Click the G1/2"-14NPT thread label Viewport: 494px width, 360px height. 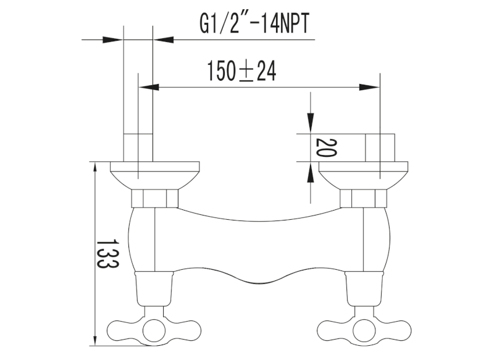(x=254, y=23)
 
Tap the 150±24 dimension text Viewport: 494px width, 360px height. (x=241, y=71)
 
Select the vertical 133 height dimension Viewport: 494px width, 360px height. (x=107, y=254)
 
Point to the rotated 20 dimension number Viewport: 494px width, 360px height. (x=327, y=148)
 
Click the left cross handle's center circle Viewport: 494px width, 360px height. (x=154, y=331)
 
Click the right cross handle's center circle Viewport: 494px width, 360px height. (x=364, y=331)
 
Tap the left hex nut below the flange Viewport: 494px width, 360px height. (x=154, y=198)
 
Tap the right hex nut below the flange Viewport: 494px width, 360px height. (x=363, y=198)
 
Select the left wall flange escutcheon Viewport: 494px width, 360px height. (x=155, y=175)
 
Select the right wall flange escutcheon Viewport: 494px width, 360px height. (x=363, y=175)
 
